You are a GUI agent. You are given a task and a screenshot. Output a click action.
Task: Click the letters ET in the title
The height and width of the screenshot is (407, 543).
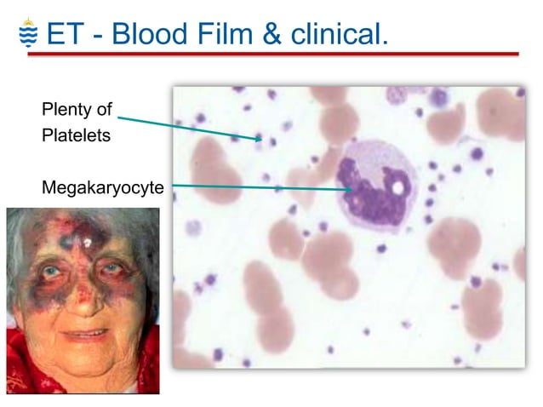point(66,33)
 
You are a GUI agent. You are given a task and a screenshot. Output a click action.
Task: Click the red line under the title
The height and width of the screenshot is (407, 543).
point(272,54)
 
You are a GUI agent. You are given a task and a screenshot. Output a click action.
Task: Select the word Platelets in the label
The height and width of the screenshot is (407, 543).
point(76,135)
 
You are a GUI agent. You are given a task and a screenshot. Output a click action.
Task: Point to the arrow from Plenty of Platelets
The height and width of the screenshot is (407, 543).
point(187,125)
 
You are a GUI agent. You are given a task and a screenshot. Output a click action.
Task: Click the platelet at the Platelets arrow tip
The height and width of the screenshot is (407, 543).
point(260,137)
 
